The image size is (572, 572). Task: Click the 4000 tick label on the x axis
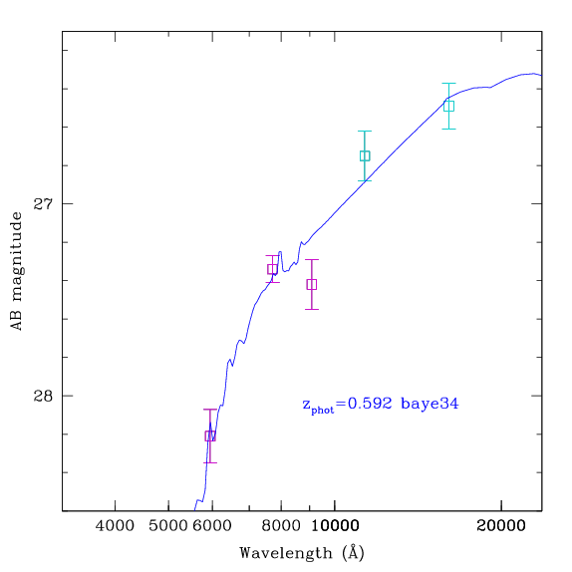(115, 526)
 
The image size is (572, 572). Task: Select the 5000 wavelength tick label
(167, 526)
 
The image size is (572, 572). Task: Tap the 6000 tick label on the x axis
(212, 526)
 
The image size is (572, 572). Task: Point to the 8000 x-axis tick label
(281, 526)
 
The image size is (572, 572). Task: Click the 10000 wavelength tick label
(335, 526)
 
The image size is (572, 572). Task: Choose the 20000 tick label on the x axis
(501, 526)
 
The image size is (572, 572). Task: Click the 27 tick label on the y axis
(43, 204)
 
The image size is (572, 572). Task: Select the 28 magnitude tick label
(43, 396)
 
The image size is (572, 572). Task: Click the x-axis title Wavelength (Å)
(302, 553)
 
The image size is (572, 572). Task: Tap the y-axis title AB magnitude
(16, 271)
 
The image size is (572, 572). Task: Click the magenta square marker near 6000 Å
(210, 435)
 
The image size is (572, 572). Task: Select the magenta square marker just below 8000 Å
(272, 269)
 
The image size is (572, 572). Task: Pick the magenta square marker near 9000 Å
(312, 285)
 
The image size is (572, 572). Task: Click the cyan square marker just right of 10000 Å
(365, 155)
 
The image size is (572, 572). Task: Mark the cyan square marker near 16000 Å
(448, 107)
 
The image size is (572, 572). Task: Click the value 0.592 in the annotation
(370, 404)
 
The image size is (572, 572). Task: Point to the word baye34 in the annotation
(429, 405)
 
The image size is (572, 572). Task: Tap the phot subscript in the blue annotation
(323, 411)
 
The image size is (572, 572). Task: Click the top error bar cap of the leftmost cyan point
(365, 131)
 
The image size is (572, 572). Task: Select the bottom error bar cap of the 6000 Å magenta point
(210, 463)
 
